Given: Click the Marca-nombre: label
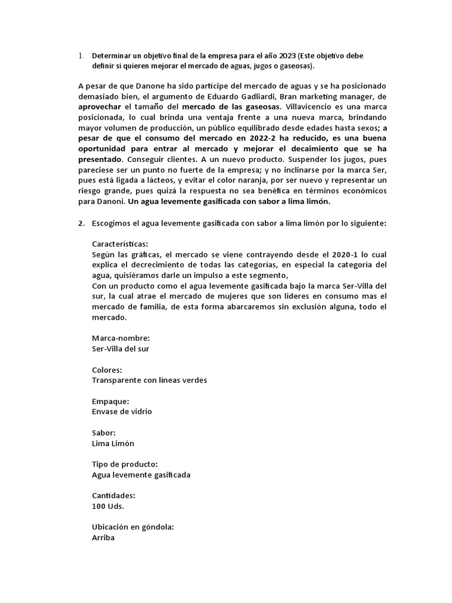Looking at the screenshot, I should click(x=121, y=338).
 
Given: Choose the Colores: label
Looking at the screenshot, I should click(x=107, y=370).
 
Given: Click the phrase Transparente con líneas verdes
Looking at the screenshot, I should click(x=149, y=380).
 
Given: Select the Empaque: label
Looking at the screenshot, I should click(x=111, y=401).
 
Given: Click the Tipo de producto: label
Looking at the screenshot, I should click(x=125, y=464).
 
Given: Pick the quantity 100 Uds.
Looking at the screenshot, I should click(x=108, y=506).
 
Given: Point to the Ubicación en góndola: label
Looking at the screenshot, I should click(x=134, y=527).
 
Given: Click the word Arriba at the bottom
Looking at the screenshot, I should click(x=104, y=538).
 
